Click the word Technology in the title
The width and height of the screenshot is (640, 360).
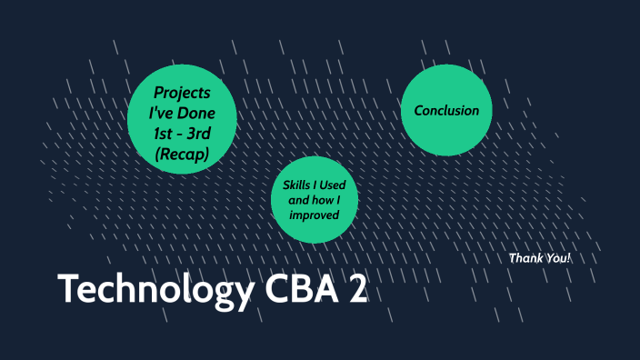pos(149,289)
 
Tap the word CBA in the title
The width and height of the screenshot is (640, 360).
pos(296,289)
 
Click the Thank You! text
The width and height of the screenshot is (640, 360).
pos(540,258)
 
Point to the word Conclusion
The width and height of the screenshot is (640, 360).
pos(446,111)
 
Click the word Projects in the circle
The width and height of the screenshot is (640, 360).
pos(182,93)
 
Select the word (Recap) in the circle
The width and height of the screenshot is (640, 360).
pos(182,155)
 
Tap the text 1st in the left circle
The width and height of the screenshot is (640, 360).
pos(165,135)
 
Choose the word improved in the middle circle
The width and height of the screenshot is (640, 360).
pos(315,215)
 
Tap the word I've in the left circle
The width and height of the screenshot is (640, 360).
pos(165,114)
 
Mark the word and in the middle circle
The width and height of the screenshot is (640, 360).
pos(297,200)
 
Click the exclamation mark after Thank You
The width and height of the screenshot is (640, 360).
pos(569,258)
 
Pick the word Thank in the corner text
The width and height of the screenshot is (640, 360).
pos(525,258)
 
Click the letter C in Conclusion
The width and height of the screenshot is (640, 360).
pos(419,111)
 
